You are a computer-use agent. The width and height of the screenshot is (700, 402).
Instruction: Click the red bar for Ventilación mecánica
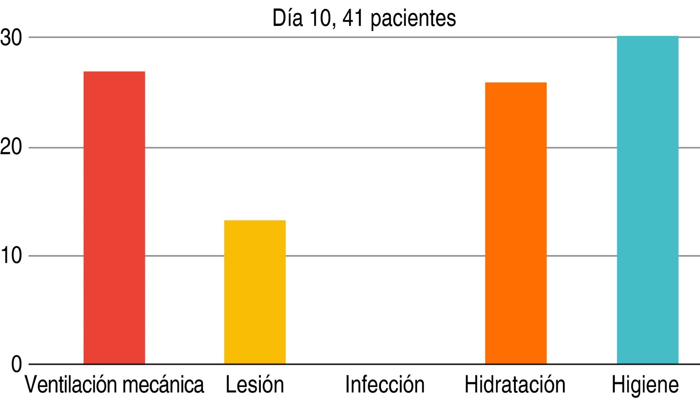pyautogui.click(x=114, y=217)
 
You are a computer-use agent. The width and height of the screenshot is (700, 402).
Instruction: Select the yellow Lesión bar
pyautogui.click(x=255, y=292)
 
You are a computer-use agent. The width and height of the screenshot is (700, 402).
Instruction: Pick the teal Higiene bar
pyautogui.click(x=647, y=200)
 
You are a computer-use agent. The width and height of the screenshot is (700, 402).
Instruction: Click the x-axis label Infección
pyautogui.click(x=385, y=385)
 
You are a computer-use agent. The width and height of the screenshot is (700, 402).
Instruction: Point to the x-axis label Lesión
pyautogui.click(x=255, y=385)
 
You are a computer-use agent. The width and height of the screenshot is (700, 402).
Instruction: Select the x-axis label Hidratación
pyautogui.click(x=515, y=385)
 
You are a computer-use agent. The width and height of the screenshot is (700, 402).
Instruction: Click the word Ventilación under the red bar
pyautogui.click(x=69, y=385)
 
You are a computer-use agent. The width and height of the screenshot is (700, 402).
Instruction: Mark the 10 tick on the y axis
pyautogui.click(x=11, y=256)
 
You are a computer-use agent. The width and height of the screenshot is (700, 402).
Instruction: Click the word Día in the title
pyautogui.click(x=288, y=18)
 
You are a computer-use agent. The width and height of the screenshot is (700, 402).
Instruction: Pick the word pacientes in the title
pyautogui.click(x=413, y=19)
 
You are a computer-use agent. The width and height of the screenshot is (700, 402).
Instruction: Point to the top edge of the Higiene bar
pyautogui.click(x=647, y=37)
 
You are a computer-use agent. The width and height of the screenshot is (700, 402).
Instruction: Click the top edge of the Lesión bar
pyautogui.click(x=255, y=221)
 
